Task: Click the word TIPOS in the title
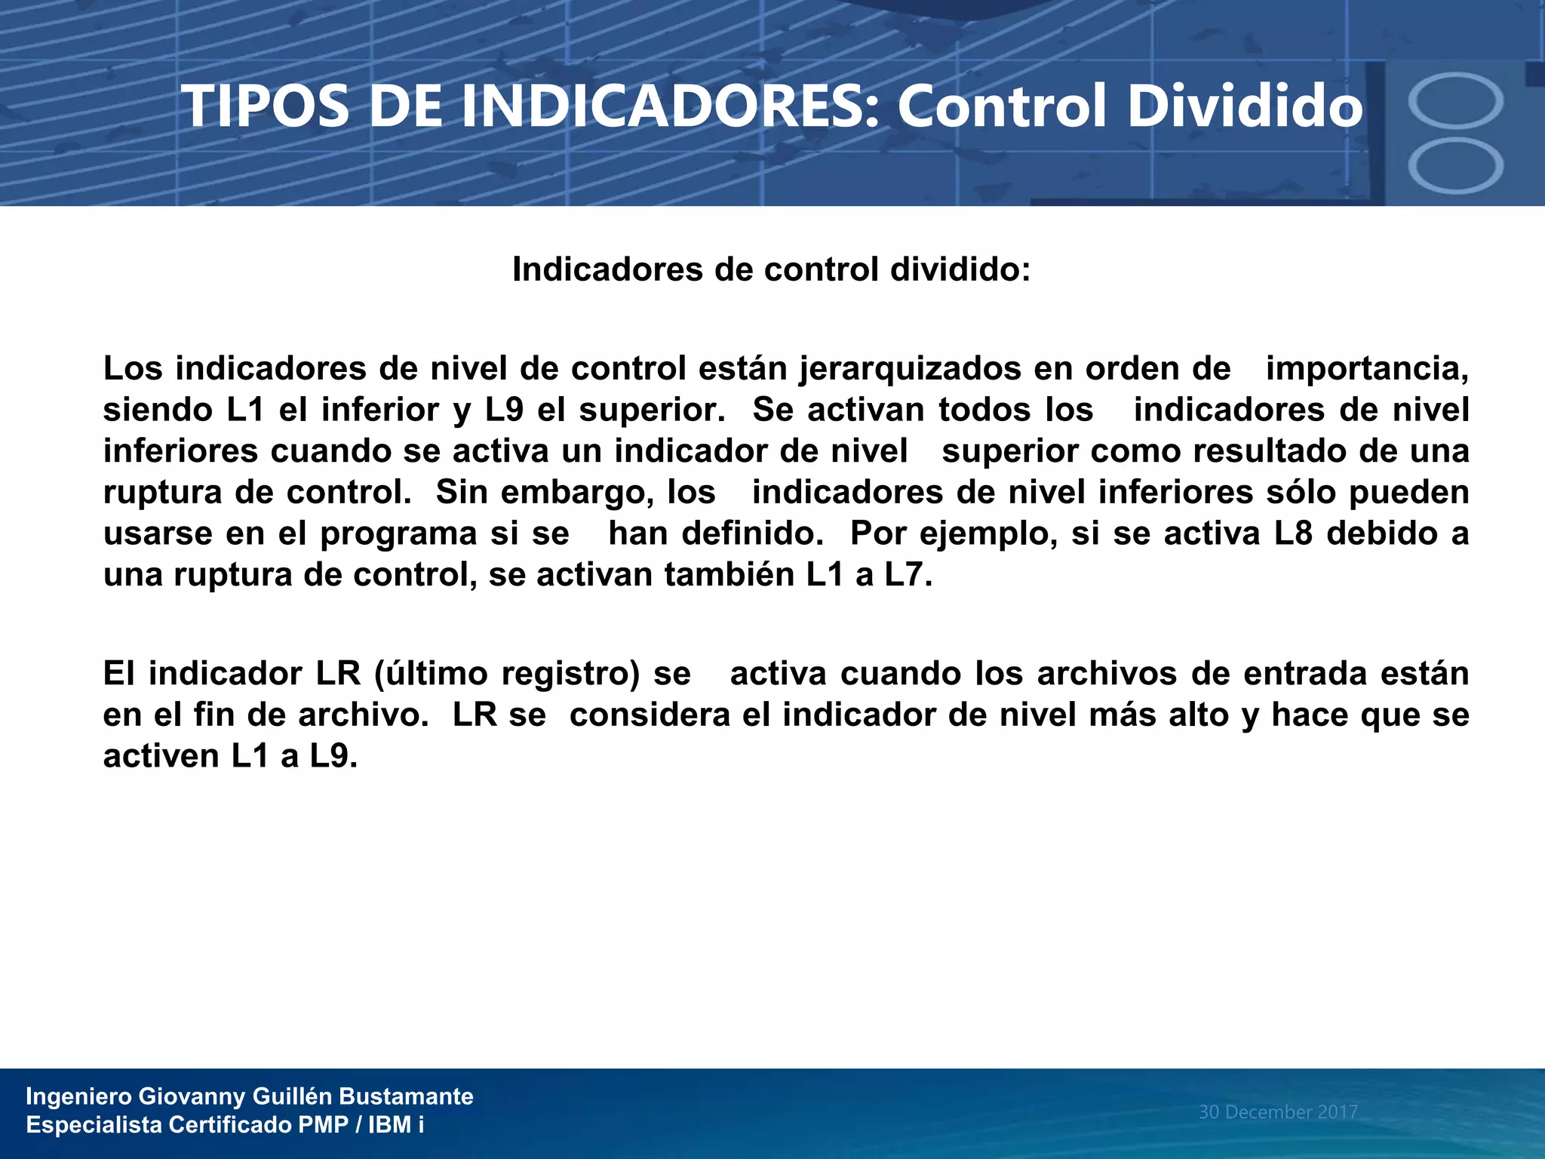click(266, 106)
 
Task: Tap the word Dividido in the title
click(1245, 106)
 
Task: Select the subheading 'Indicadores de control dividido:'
click(771, 269)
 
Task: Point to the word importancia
click(1365, 369)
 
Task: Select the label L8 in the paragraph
click(1293, 533)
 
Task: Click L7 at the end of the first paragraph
click(907, 575)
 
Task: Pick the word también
click(728, 575)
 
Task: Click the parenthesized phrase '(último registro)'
click(507, 674)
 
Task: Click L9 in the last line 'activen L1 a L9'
click(332, 756)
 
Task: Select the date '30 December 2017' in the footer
click(1278, 1112)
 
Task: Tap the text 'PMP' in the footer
click(323, 1125)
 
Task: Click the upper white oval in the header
click(1455, 100)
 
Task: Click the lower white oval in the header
click(1455, 166)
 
